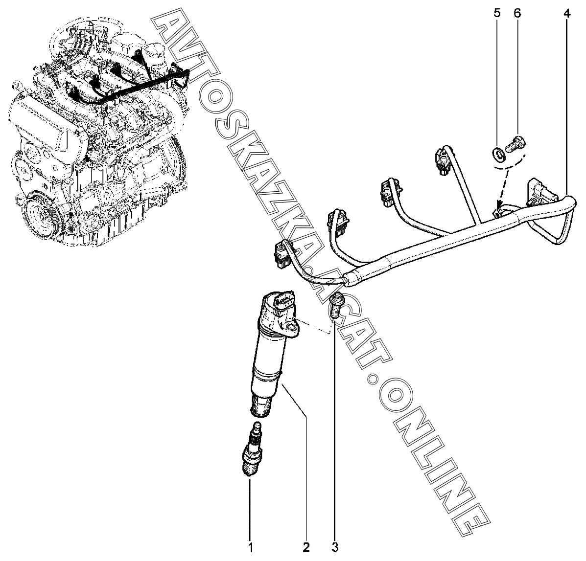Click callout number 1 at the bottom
(x=250, y=547)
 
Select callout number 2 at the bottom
(x=306, y=547)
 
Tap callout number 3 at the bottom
(x=335, y=547)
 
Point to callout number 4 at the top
(x=566, y=13)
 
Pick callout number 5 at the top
(x=497, y=13)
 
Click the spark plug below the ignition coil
(x=252, y=448)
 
